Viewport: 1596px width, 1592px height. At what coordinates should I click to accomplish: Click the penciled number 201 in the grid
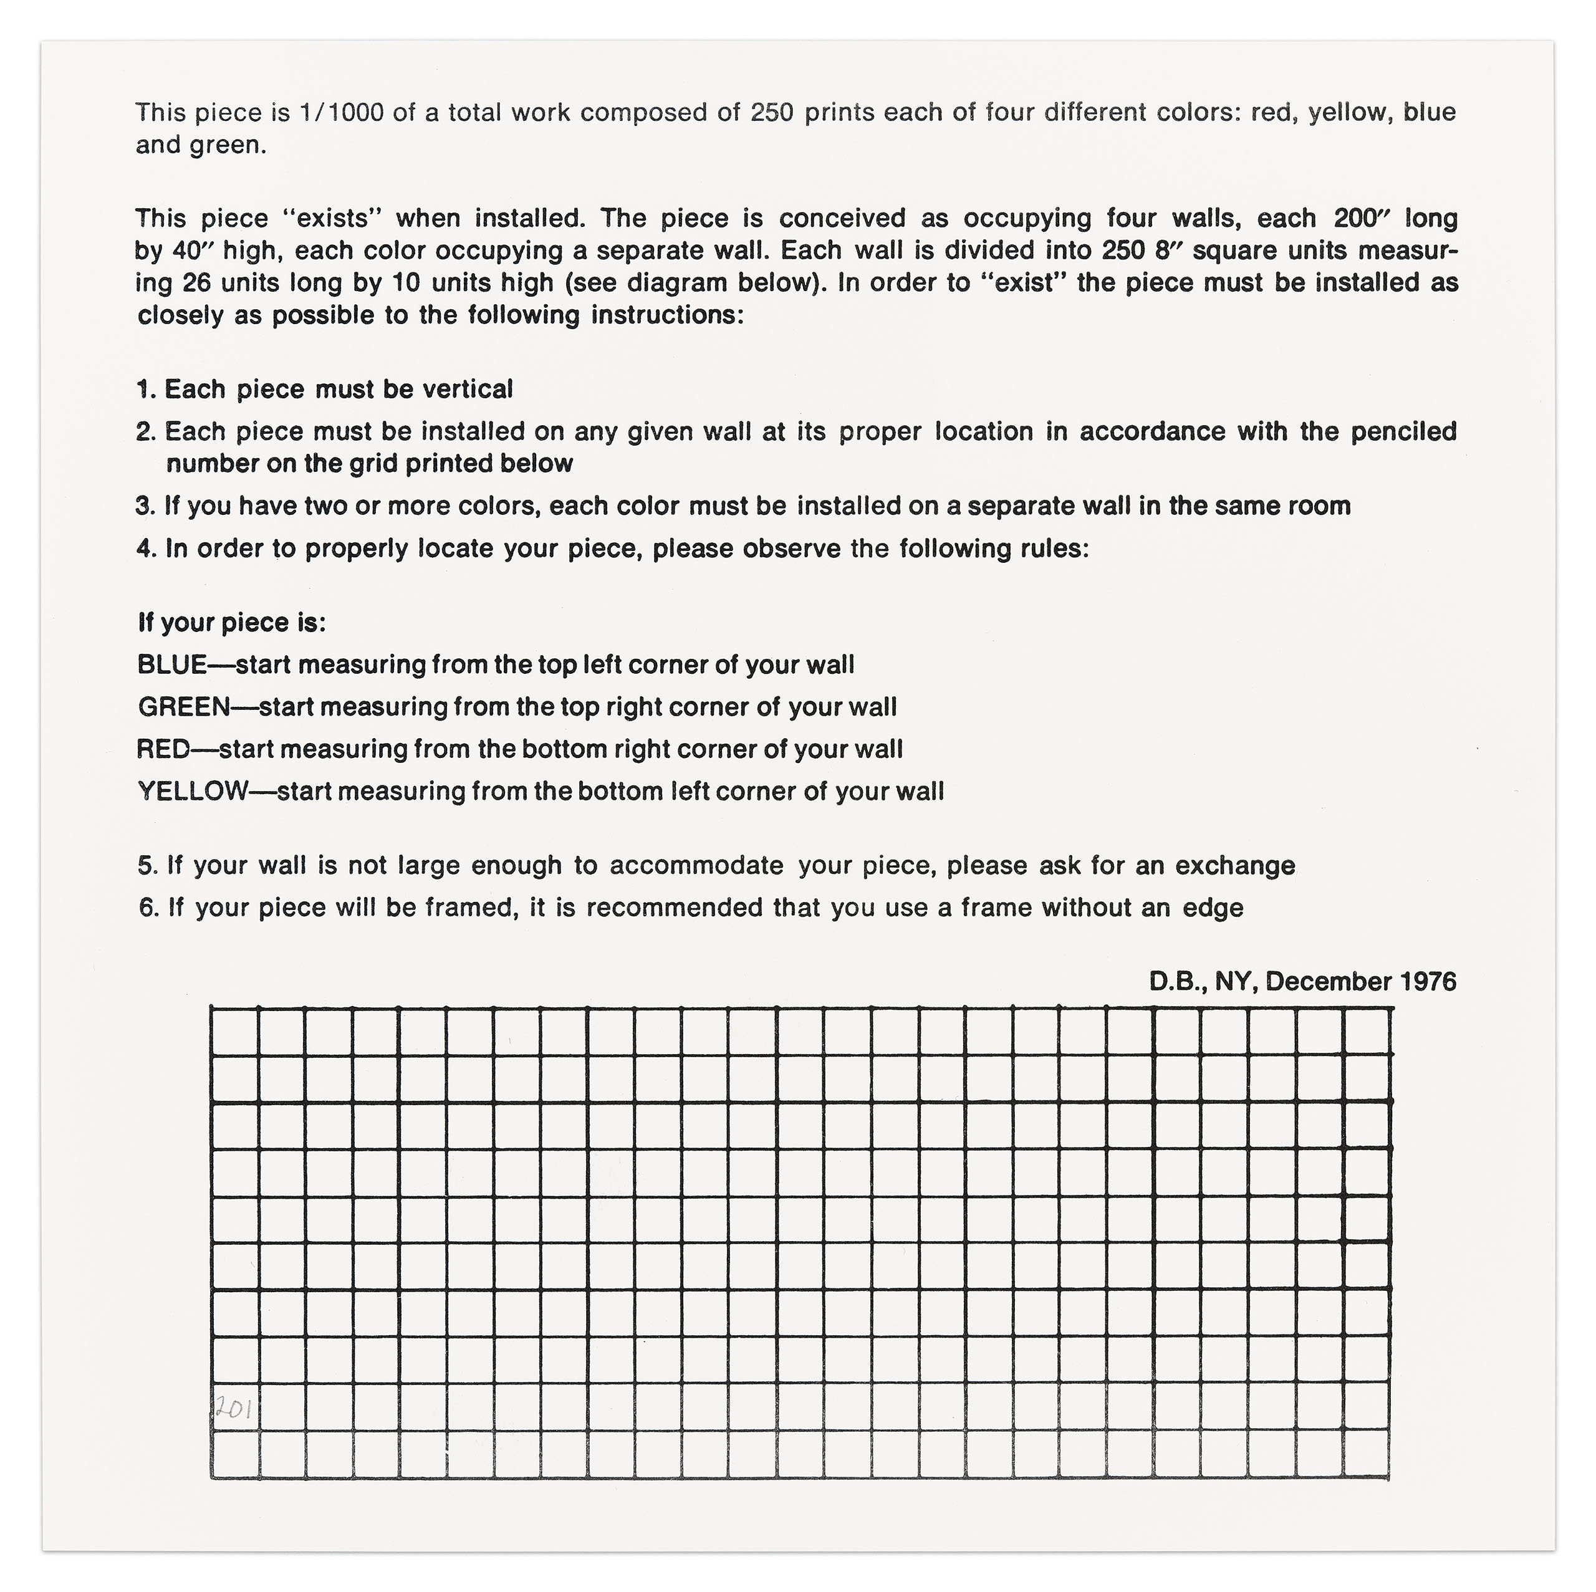click(234, 1409)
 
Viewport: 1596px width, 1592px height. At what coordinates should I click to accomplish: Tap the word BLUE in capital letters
click(172, 665)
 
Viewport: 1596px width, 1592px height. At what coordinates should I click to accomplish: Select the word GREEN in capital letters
click(184, 707)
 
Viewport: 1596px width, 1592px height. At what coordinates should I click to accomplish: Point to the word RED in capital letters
click(163, 749)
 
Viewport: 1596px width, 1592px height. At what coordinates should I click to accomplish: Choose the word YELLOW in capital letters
click(193, 792)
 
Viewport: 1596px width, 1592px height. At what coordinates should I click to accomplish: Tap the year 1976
click(1428, 982)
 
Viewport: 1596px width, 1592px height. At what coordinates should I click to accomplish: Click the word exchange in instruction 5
click(1235, 866)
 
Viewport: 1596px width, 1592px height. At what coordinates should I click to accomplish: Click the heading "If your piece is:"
click(232, 623)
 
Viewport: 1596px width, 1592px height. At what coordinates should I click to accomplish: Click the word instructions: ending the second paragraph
click(668, 315)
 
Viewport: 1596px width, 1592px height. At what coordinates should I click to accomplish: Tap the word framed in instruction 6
click(468, 908)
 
